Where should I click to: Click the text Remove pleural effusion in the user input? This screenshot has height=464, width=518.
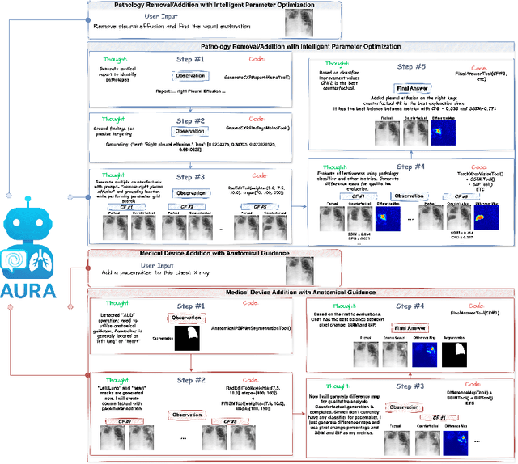[x=134, y=26]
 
